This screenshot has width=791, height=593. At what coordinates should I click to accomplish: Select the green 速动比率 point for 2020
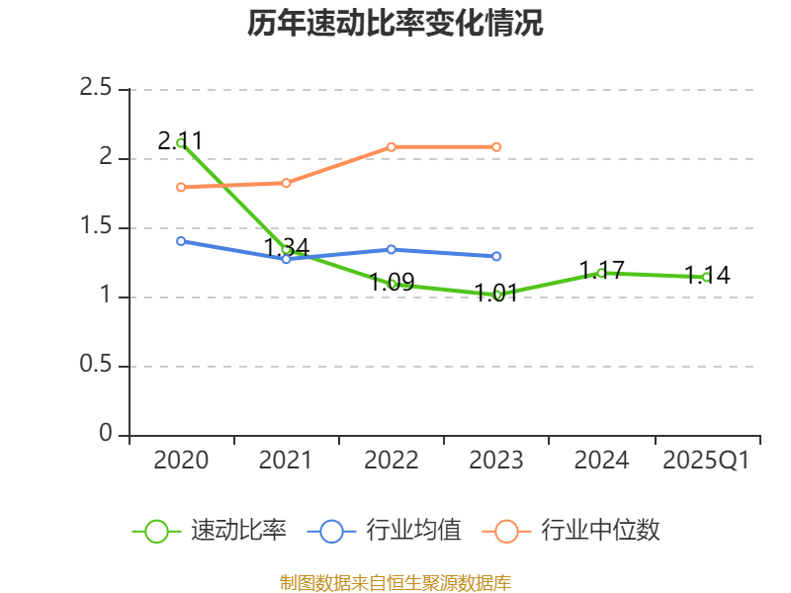pos(181,142)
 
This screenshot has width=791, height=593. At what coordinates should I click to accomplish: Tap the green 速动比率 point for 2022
pos(392,284)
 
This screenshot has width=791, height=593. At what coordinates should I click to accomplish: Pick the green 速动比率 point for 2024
pos(601,273)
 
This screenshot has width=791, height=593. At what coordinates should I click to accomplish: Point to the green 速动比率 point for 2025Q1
pos(706,278)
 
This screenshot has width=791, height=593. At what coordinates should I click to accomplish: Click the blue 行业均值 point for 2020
pos(181,241)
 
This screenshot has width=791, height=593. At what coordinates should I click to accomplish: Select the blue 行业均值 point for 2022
pos(392,249)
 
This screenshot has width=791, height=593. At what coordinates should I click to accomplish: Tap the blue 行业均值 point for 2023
pos(496,256)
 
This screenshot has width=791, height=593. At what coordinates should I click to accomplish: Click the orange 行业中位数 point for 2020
pos(181,187)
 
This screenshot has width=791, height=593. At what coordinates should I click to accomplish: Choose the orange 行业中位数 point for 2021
pos(286,183)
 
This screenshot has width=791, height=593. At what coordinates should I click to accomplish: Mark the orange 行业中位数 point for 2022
pos(392,146)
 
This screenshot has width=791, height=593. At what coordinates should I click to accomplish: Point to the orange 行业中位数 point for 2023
pos(496,146)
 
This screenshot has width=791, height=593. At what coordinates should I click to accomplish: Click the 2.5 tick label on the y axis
pos(97,89)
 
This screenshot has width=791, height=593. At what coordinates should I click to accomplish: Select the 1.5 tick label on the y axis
pos(97,227)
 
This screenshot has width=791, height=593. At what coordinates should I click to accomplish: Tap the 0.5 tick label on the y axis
pos(97,366)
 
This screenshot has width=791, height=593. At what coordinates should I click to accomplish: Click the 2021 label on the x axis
pos(286,461)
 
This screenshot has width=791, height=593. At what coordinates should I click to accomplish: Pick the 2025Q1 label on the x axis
pos(706,461)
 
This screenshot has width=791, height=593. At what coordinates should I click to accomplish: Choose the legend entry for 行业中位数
pos(571,531)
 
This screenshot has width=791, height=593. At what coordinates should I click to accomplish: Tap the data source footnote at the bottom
pos(395,582)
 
